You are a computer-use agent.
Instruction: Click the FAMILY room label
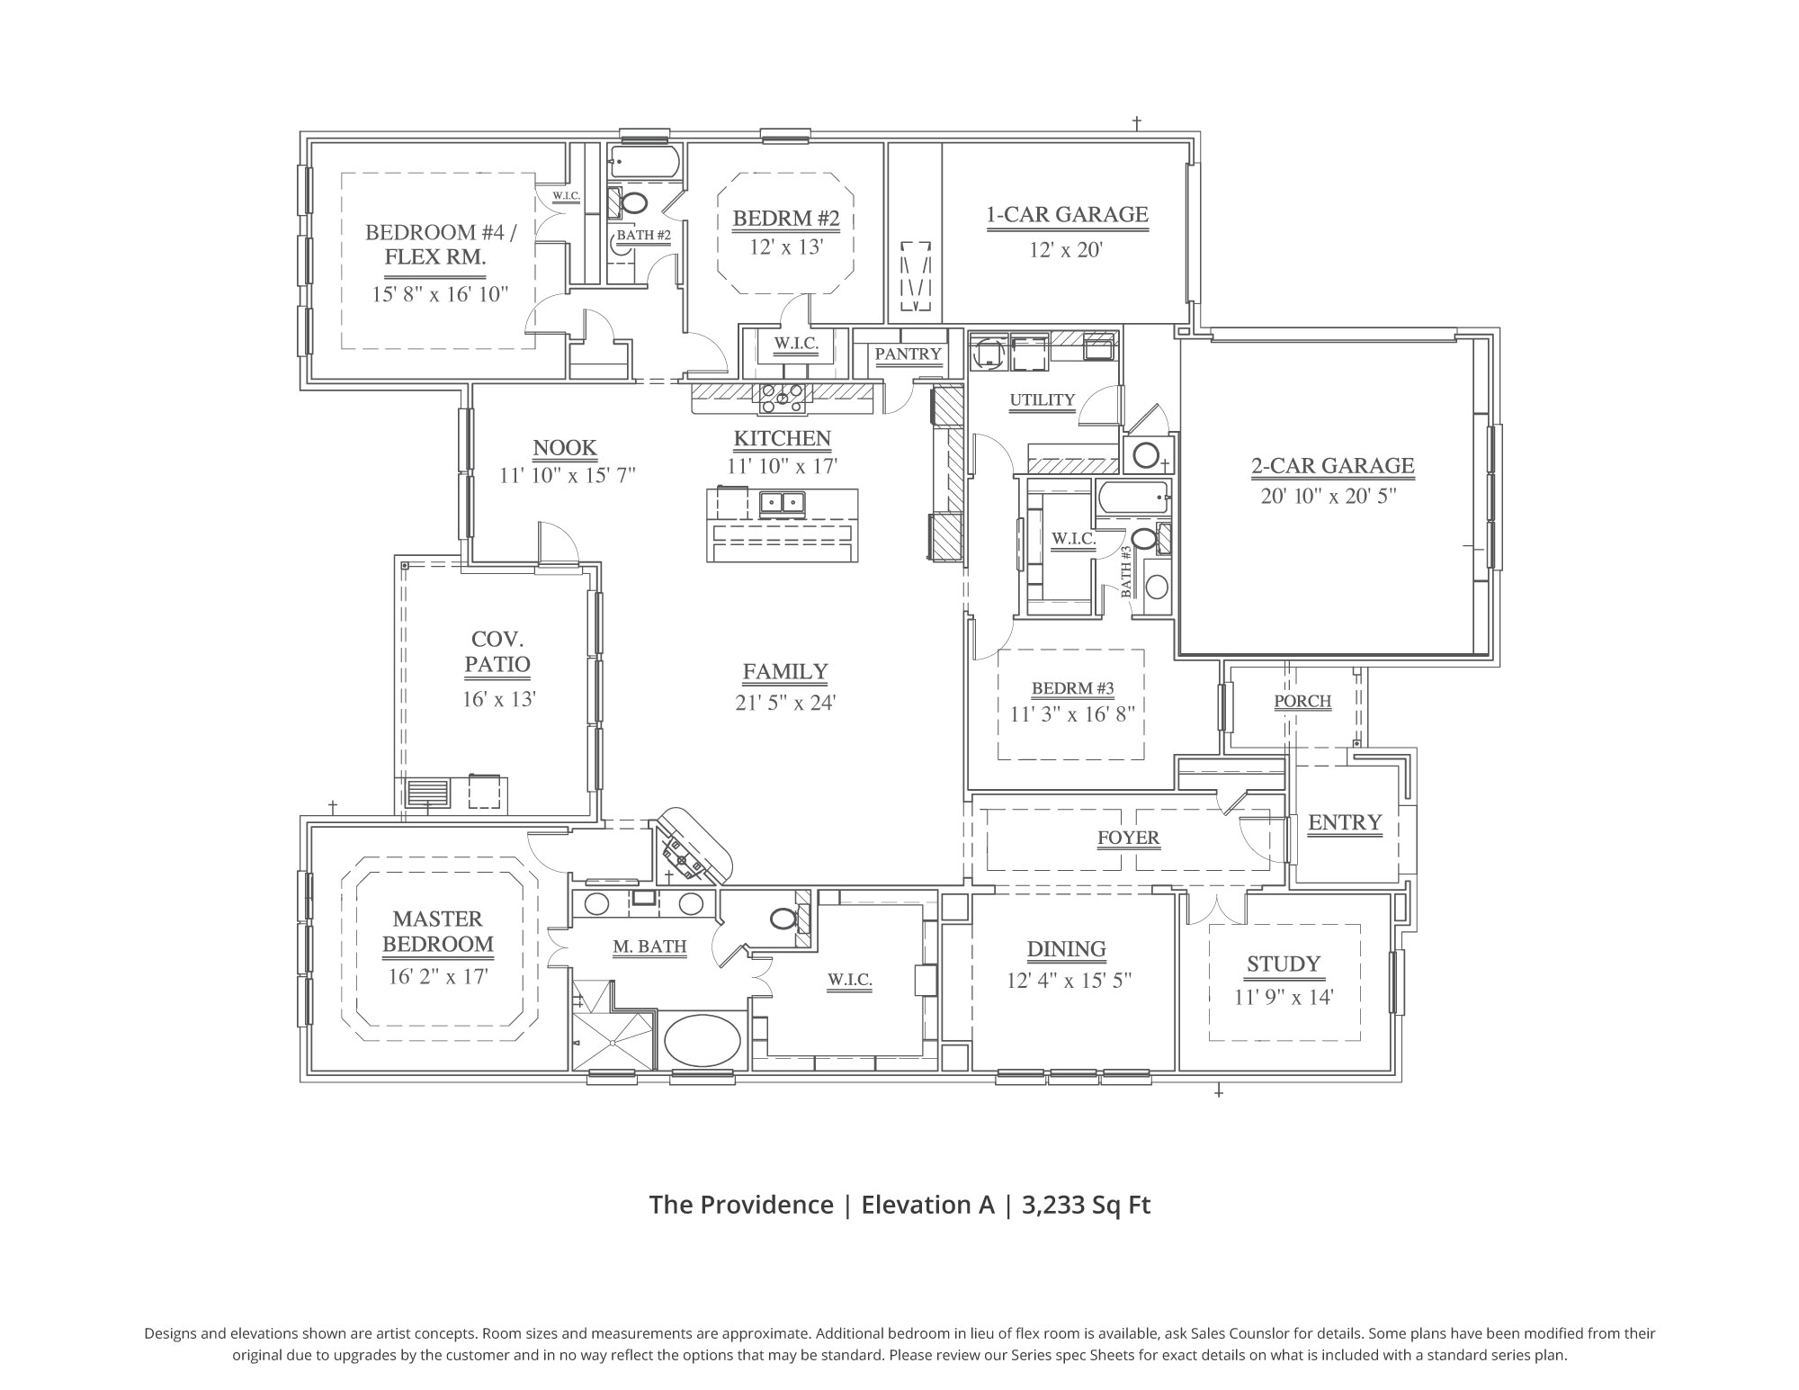tap(785, 672)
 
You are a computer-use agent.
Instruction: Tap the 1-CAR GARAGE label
tap(1067, 215)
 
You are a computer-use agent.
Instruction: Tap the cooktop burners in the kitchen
tap(782, 397)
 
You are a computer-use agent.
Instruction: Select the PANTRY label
tap(908, 354)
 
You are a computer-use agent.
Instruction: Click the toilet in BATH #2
tap(634, 203)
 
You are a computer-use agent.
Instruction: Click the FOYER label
tap(1128, 838)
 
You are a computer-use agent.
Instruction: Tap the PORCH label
tap(1302, 701)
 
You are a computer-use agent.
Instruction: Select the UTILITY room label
tap(1042, 400)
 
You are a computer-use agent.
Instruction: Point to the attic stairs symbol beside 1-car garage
tap(916, 276)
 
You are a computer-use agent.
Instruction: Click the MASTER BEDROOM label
tap(438, 931)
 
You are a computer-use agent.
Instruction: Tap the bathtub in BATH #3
tap(1132, 495)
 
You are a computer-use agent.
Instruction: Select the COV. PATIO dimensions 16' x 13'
tap(499, 699)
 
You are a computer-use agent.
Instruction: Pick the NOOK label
tap(565, 448)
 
